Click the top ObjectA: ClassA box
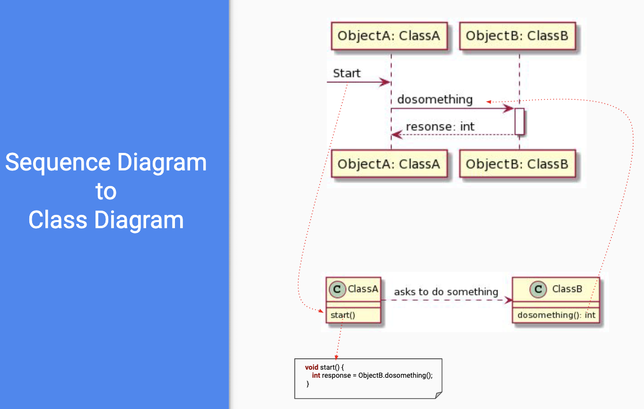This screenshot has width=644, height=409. pos(389,36)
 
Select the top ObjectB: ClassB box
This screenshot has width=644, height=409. pos(517,36)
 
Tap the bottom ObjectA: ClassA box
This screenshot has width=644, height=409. pos(389,164)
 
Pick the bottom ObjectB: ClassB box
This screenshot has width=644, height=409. pos(517,164)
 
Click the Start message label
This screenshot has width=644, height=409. pos(347,73)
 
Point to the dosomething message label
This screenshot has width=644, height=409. pos(435,99)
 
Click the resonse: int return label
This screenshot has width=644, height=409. pos(440,127)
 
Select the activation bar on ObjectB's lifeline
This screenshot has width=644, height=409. pos(520,122)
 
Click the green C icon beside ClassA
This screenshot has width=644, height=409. pos(337,289)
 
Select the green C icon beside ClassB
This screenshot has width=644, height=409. pos(538,289)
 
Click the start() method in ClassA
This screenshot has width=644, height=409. pos(343,315)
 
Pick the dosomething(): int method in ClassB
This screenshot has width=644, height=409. pos(557,315)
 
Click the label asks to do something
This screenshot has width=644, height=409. pos(446,292)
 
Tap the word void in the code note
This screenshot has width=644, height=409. pos(312,367)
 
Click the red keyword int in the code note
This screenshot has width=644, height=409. pos(316,375)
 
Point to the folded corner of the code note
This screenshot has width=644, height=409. pos(439,395)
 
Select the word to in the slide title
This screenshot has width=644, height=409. pos(106,191)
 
